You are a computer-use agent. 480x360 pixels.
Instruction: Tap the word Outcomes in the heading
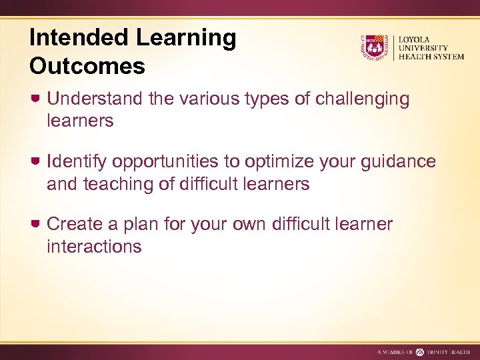tap(87, 66)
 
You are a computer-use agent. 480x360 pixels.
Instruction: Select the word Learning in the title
tap(187, 38)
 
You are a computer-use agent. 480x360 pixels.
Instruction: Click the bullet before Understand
tap(37, 99)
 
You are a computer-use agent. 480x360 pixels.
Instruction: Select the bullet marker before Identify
tap(37, 161)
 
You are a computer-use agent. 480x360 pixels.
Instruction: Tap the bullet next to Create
tap(37, 224)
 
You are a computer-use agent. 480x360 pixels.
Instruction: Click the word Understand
tap(95, 99)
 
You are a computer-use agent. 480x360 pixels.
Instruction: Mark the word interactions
tap(94, 247)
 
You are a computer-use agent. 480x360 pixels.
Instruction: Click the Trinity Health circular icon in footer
tap(420, 351)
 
